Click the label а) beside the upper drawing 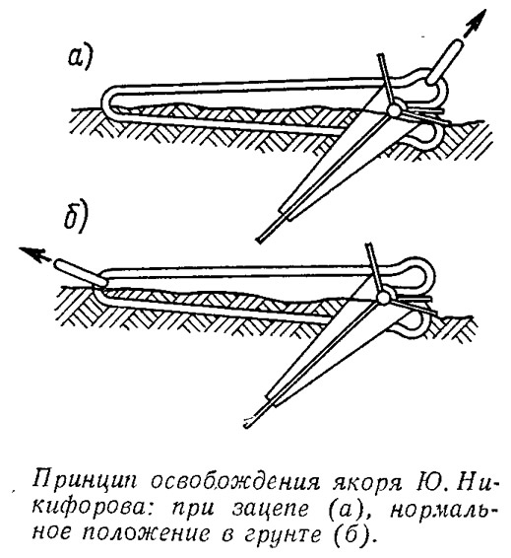(x=81, y=57)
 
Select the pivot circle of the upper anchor (x=394, y=111)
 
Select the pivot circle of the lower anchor (x=382, y=298)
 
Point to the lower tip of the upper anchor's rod (x=259, y=240)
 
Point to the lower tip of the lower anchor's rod (x=246, y=424)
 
